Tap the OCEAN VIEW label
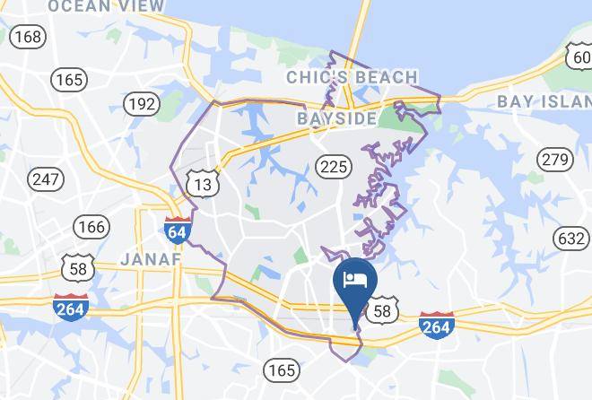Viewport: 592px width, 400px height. click(x=106, y=6)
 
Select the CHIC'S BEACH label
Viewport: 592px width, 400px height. click(x=352, y=78)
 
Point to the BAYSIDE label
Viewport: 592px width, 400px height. click(x=337, y=118)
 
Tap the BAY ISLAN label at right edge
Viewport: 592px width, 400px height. click(x=544, y=100)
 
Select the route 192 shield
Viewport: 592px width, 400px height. click(x=141, y=104)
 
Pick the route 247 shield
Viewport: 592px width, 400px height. click(x=46, y=178)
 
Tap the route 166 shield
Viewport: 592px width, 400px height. click(x=91, y=226)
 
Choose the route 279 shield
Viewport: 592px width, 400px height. click(x=554, y=160)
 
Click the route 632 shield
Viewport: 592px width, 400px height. click(x=571, y=239)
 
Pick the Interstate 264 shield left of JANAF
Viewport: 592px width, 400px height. click(x=70, y=306)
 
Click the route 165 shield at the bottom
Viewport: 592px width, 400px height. click(x=282, y=369)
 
